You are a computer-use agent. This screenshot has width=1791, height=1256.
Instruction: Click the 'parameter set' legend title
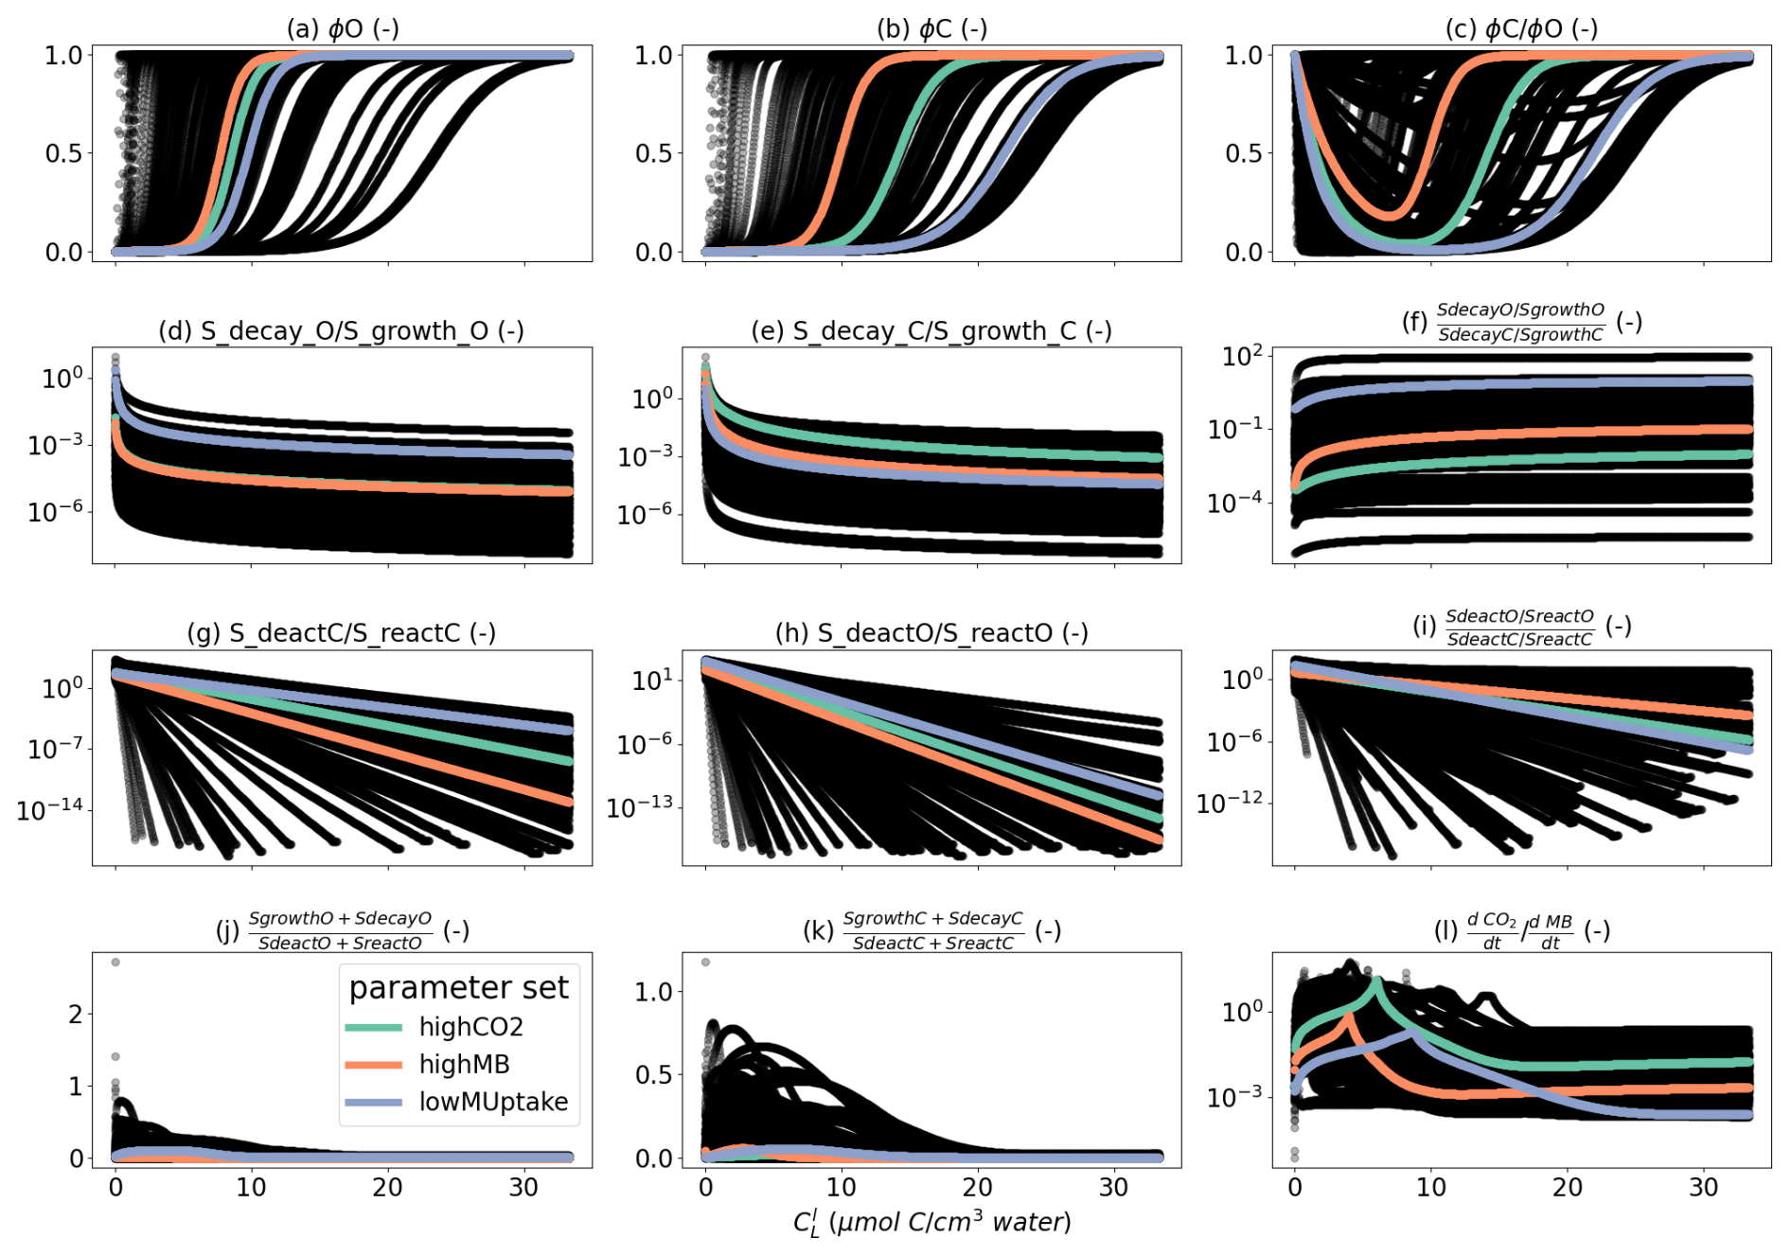point(458,987)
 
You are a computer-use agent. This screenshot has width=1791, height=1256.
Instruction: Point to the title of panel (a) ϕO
point(343,28)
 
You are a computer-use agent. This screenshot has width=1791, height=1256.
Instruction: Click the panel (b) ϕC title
point(931,28)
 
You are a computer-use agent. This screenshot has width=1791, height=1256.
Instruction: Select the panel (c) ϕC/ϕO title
point(1521,28)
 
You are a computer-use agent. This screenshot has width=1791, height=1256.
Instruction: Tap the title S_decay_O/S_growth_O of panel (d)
point(341,331)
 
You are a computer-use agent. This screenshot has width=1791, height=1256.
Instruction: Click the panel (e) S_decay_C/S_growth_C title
point(931,331)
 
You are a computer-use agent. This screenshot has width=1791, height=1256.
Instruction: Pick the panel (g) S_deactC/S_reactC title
point(341,633)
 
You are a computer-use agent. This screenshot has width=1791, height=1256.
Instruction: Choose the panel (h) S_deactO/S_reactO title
point(931,633)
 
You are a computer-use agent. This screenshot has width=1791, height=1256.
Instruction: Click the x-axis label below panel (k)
point(931,1222)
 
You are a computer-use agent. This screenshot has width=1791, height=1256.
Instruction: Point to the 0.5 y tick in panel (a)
point(63,153)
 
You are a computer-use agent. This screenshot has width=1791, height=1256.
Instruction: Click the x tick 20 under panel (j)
point(387,1187)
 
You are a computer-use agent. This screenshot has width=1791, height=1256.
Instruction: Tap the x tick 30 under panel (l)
point(1703,1187)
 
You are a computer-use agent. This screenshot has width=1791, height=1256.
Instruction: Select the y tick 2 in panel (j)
point(76,1014)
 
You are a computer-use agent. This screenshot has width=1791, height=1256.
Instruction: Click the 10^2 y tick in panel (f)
point(1242,356)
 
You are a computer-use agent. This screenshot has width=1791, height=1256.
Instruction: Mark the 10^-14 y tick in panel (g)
point(49,809)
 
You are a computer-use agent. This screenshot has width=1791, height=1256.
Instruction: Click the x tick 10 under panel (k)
point(841,1187)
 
